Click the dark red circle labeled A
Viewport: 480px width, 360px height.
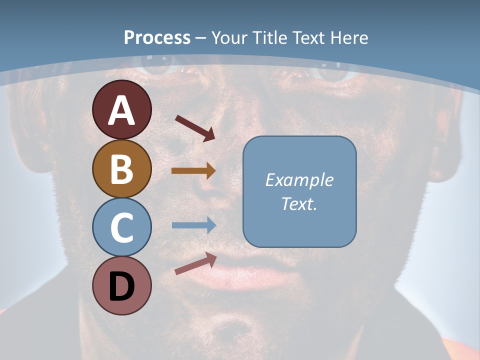pos(122,109)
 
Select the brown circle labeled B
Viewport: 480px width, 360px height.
pos(122,168)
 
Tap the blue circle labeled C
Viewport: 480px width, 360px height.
pos(122,227)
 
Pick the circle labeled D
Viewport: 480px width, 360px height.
pos(122,286)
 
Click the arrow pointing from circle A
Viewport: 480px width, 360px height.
pos(195,127)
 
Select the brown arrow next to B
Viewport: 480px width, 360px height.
pos(193,170)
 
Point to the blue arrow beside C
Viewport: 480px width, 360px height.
pos(193,225)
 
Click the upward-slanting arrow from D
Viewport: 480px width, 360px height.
pos(195,263)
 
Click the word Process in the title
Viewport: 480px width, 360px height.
pos(157,37)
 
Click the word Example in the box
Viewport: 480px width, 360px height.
pos(299,180)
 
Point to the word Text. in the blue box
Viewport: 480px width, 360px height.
pos(299,203)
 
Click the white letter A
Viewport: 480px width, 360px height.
pos(122,110)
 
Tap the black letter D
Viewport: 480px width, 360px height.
pos(122,286)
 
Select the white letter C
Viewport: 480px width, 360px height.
pos(122,227)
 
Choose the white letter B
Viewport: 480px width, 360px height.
pos(122,169)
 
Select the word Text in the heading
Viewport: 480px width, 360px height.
pos(307,37)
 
